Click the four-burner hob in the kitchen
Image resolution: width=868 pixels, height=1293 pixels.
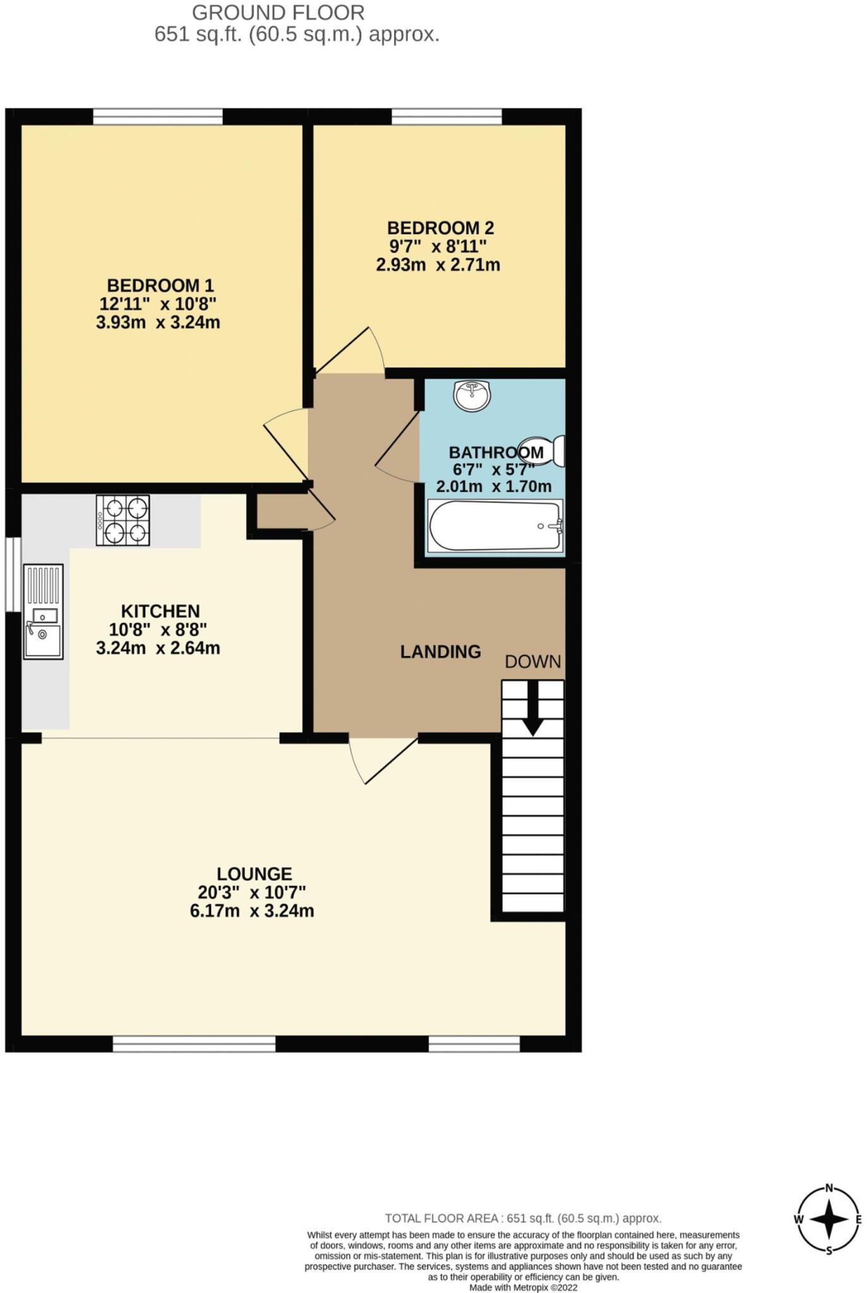(123, 520)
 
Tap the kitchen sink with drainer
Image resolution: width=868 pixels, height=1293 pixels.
(44, 611)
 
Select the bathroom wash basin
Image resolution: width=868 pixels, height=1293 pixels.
(472, 396)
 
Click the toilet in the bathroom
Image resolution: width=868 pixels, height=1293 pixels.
(544, 450)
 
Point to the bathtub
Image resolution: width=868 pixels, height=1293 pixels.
(495, 526)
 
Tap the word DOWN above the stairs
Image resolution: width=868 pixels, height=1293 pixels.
(533, 661)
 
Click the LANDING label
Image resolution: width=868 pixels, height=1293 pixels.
(440, 652)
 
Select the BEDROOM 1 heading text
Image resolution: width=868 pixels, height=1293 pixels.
(160, 285)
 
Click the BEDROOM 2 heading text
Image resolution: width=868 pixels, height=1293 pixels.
(440, 228)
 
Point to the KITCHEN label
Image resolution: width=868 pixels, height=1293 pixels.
(160, 611)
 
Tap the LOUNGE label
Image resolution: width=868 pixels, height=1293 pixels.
(254, 874)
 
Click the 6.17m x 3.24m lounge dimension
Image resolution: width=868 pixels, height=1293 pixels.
(252, 911)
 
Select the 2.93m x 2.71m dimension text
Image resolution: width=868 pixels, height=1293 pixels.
(438, 265)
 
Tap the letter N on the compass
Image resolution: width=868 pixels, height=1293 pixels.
(829, 1187)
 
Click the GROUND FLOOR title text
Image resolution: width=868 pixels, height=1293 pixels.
(278, 13)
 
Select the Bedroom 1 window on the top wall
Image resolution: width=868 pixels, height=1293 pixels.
(158, 117)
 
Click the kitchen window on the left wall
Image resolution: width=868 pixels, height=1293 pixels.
(13, 574)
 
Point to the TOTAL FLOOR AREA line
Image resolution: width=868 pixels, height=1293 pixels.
(523, 1219)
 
